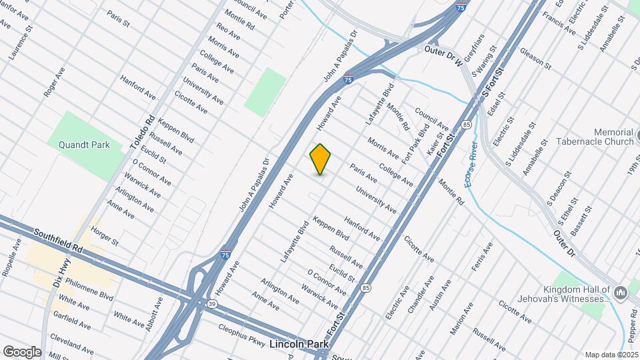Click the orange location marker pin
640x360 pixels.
click(321, 159)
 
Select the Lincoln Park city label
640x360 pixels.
click(299, 345)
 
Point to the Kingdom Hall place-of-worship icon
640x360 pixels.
click(621, 293)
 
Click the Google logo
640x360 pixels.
click(22, 352)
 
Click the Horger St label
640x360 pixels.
click(105, 237)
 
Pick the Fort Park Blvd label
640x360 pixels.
click(415, 145)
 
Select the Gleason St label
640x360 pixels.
click(535, 59)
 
